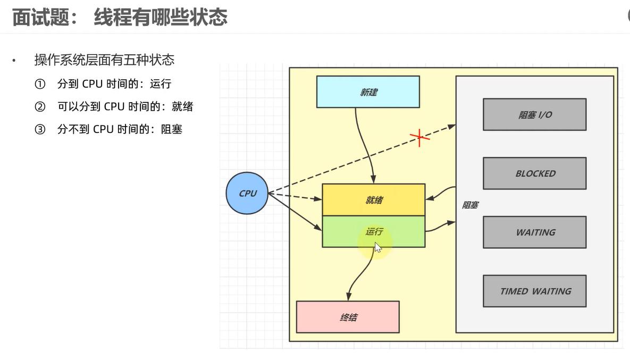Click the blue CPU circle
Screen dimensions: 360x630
click(x=247, y=194)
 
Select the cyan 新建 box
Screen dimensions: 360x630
click(x=368, y=92)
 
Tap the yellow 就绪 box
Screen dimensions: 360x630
click(x=374, y=200)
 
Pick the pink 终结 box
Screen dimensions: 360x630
click(x=348, y=317)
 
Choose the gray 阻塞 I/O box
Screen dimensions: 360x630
click(x=534, y=114)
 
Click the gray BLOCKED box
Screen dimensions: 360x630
click(x=534, y=173)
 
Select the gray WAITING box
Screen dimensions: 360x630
click(x=534, y=232)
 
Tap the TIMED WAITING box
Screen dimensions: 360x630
click(x=534, y=291)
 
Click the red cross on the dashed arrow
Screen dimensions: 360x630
click(x=420, y=137)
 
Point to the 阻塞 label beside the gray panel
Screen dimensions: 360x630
click(x=469, y=205)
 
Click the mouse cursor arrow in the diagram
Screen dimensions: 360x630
click(x=377, y=248)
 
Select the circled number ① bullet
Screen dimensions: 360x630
click(x=40, y=84)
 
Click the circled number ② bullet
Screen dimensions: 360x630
click(x=40, y=107)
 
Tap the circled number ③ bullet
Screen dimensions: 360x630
click(x=40, y=129)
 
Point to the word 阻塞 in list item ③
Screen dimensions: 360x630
click(x=172, y=129)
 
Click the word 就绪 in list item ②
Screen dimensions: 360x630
click(x=182, y=107)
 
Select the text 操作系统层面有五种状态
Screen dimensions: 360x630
click(x=104, y=60)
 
